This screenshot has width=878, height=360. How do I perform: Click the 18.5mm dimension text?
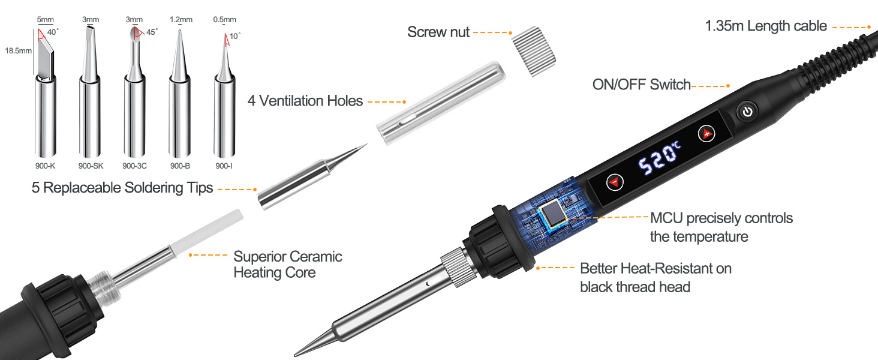coord(17,50)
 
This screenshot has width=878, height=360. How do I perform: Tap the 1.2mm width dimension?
coord(181,20)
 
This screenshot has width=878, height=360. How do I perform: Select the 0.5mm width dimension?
coord(225,20)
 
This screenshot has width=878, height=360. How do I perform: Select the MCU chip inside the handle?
coord(552,217)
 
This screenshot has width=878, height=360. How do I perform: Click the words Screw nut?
coord(438,32)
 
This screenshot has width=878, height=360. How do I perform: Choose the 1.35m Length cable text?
coord(766,26)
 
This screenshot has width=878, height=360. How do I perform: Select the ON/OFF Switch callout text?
coord(642,85)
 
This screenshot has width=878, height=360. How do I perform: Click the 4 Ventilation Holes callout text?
coord(305,101)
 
